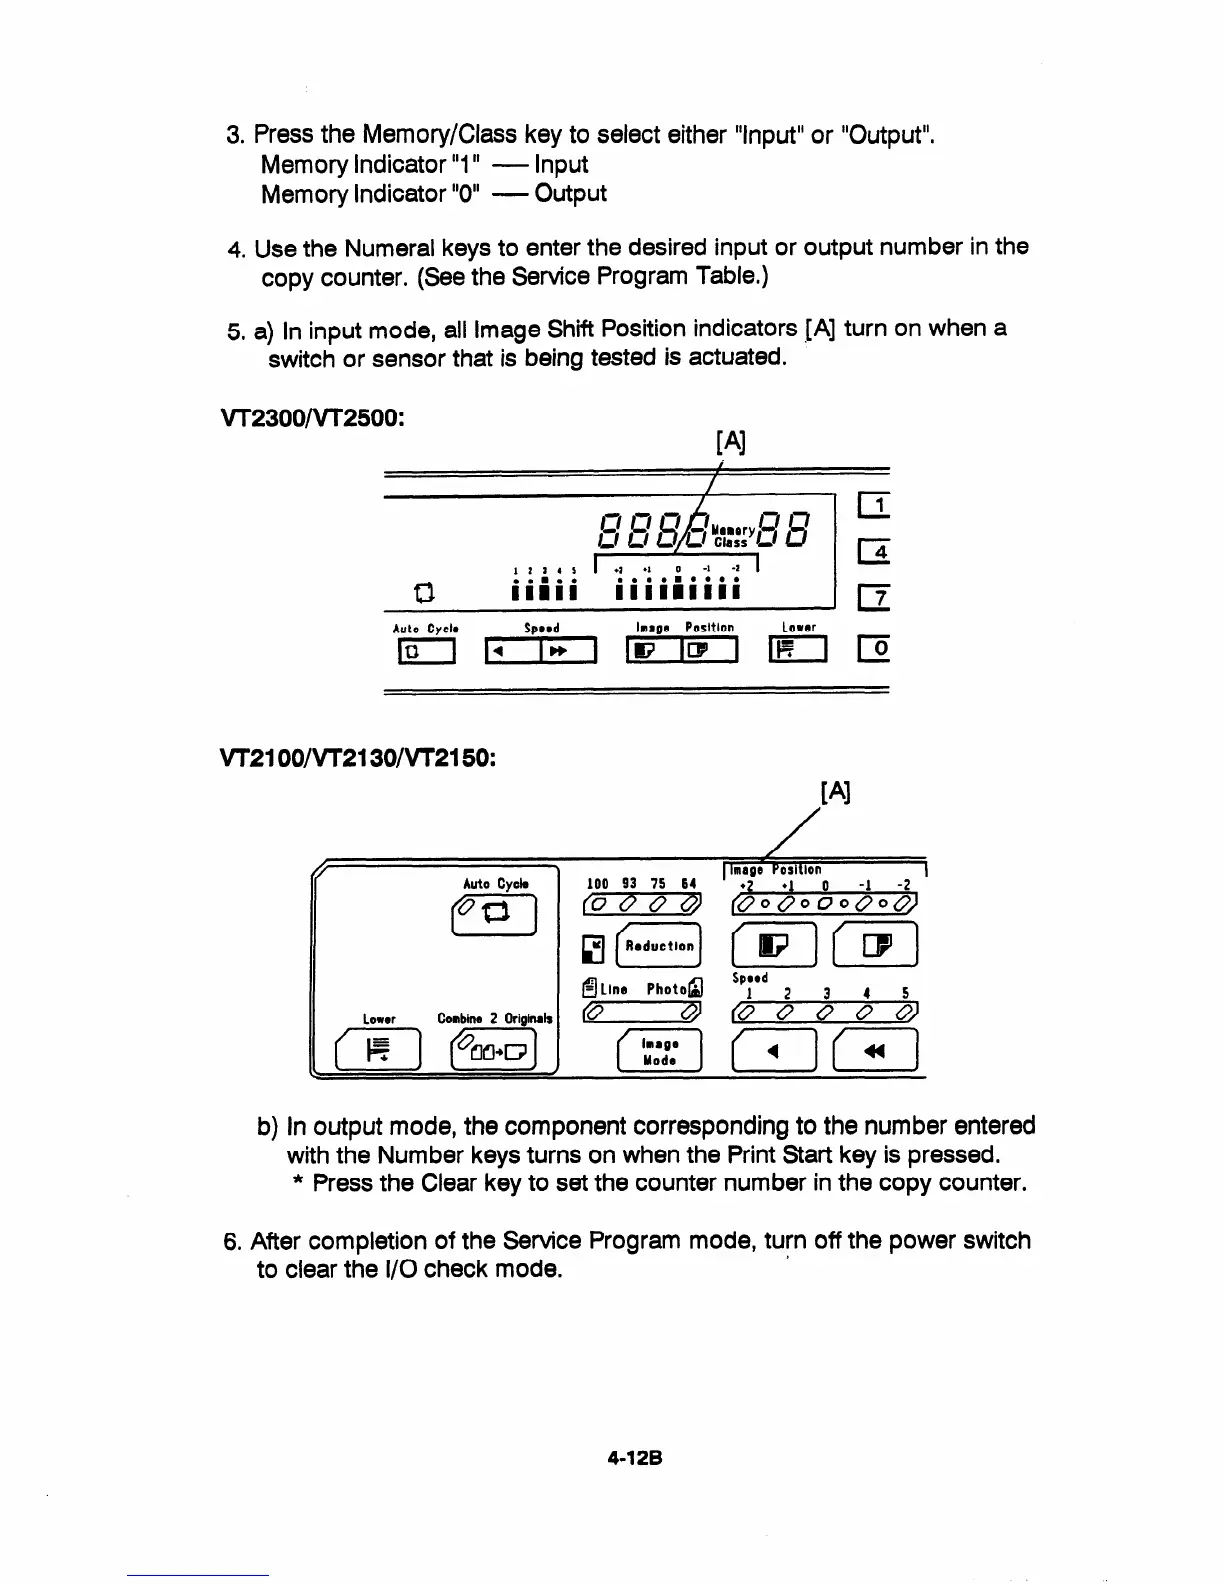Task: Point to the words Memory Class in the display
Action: coord(731,536)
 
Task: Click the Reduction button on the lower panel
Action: coord(658,946)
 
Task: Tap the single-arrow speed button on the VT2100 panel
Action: coord(768,1051)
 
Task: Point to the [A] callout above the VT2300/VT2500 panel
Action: coord(731,441)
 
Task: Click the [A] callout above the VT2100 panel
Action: coord(835,793)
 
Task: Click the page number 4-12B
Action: coord(636,1458)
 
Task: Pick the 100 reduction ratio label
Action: coord(597,884)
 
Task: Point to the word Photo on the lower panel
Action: coord(666,989)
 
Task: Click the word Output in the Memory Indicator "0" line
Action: coord(571,193)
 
